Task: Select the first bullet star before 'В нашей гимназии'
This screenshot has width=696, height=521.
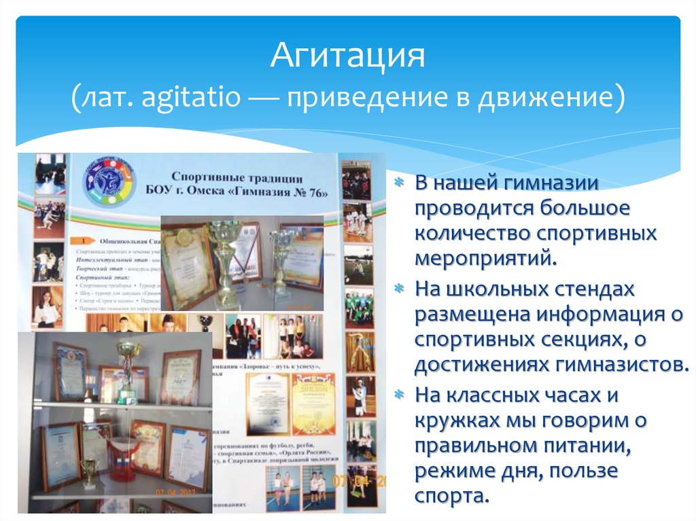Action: pyautogui.click(x=400, y=183)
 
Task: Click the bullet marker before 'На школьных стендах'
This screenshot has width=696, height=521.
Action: pyautogui.click(x=400, y=290)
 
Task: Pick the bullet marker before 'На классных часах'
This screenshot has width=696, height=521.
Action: pyautogui.click(x=400, y=395)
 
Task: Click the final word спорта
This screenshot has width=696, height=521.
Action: pyautogui.click(x=451, y=495)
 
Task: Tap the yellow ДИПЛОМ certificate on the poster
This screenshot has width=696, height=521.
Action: pyautogui.click(x=313, y=403)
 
